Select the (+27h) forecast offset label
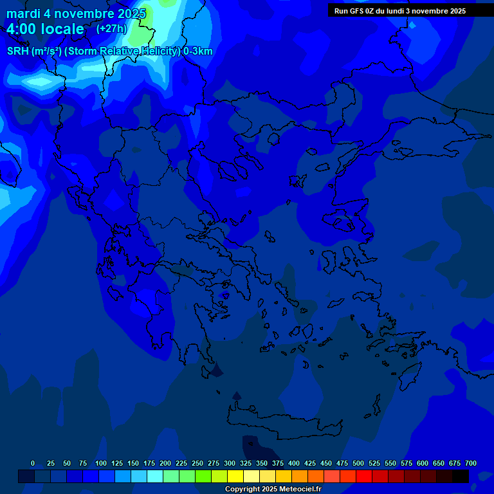tap(111, 28)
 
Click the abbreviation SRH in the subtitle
tap(19, 51)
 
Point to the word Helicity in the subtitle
tap(160, 51)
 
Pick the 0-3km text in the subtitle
tap(198, 51)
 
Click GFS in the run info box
tap(359, 11)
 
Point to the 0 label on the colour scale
tap(33, 463)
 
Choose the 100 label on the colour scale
tap(100, 463)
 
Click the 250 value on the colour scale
tap(197, 463)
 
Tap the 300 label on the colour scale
tap(230, 463)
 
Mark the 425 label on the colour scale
tap(310, 463)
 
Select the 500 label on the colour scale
tap(358, 463)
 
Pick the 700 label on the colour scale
tap(471, 463)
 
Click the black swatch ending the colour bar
tap(461, 476)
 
